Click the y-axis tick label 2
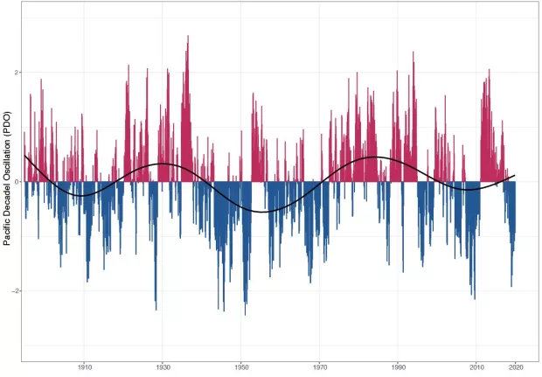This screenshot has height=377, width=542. pos(16,73)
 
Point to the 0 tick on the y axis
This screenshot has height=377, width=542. pos(16,181)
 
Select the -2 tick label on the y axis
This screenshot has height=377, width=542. pos(14,290)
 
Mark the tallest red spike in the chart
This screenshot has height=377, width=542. pos(188,37)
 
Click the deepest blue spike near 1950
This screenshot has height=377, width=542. pos(245,314)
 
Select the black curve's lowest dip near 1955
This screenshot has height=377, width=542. pos(264,212)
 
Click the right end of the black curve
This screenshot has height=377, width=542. pos(516,176)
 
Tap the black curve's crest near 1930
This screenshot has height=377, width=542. pos(163,164)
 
